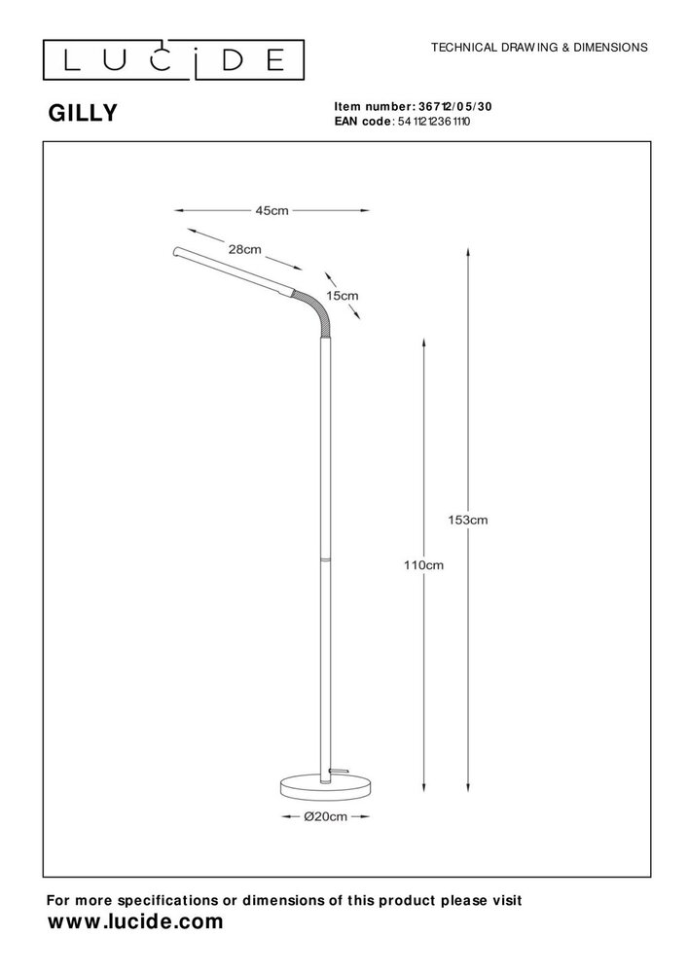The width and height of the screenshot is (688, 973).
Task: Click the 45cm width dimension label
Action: (272, 210)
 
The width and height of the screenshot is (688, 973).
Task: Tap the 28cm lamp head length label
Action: (244, 250)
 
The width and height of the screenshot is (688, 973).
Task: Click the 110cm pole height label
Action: (423, 564)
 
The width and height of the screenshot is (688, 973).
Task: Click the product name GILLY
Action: (83, 114)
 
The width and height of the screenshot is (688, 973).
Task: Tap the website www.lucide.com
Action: (135, 920)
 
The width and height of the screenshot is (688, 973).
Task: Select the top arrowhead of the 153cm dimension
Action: (470, 251)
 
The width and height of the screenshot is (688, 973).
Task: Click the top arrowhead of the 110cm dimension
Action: (421, 342)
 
